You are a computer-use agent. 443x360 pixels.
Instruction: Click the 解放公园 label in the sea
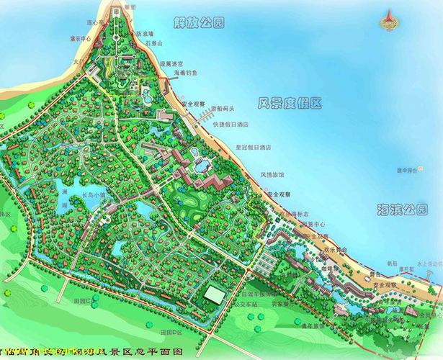pyautogui.click(x=199, y=22)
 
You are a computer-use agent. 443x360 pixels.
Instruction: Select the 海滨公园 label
pyautogui.click(x=401, y=210)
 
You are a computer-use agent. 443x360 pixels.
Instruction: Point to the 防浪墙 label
pyautogui.click(x=144, y=34)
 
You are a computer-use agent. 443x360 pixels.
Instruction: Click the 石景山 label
pyautogui.click(x=153, y=43)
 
